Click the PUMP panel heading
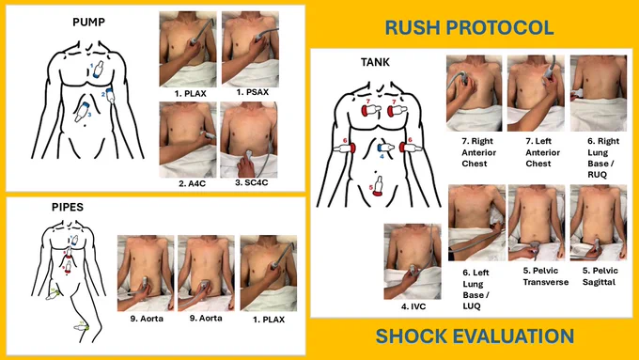click(89, 22)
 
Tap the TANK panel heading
click(375, 62)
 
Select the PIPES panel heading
click(68, 207)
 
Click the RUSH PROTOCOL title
click(469, 27)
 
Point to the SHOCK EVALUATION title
click(475, 337)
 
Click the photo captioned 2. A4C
click(188, 139)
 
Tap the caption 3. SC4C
click(252, 182)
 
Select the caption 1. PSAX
click(252, 92)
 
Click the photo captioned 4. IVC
click(413, 261)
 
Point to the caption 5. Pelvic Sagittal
click(600, 276)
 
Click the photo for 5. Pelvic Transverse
click(537, 223)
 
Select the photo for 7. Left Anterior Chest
click(537, 93)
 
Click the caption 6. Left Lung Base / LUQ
click(476, 290)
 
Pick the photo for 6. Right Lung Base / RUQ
click(599, 93)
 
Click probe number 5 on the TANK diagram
click(378, 186)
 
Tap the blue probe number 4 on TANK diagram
click(385, 148)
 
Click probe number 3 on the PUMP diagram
click(82, 112)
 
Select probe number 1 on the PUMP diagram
click(98, 70)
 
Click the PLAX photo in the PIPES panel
click(269, 274)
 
